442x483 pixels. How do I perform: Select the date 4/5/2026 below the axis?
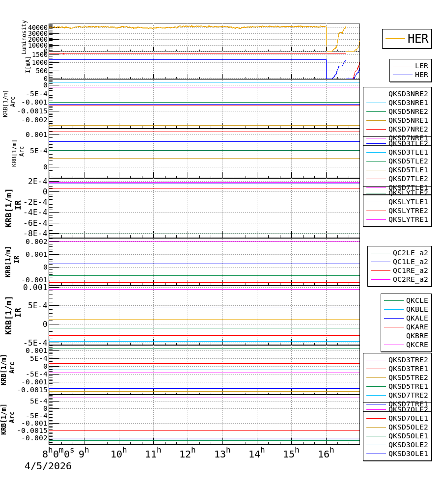coord(48,466)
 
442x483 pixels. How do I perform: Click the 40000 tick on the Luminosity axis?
coord(38,27)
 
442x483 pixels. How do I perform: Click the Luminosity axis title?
coord(24,37)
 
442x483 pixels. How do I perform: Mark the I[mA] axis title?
coord(28,64)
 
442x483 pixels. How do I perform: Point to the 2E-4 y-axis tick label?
coord(37,181)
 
